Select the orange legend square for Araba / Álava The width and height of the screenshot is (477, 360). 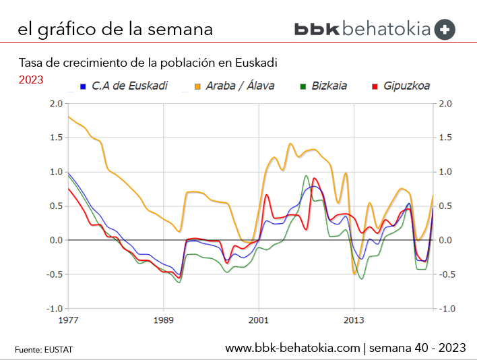coord(197,86)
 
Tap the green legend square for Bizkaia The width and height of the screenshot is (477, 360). coord(304,86)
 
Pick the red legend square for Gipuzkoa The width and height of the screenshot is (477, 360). coord(375,86)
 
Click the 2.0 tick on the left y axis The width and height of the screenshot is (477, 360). coord(55,104)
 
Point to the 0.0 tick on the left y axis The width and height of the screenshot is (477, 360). coord(55,240)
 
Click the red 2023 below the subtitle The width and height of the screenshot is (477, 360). coord(31,80)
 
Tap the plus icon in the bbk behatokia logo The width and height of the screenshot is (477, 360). coord(445,29)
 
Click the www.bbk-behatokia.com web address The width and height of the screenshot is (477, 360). coord(292,348)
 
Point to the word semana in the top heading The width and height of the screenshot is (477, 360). coord(180,29)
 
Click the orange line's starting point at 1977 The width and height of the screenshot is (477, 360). coord(68,117)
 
